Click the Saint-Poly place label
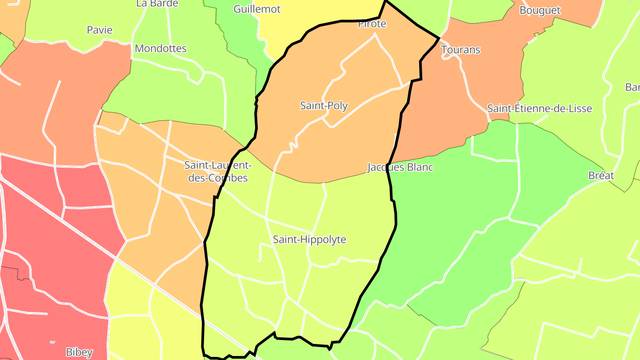(x=324, y=106)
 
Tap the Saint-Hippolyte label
(x=309, y=240)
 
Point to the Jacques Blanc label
(x=400, y=168)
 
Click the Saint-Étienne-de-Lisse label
(x=540, y=108)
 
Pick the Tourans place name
(x=461, y=50)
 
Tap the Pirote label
(x=372, y=24)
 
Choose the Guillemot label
(x=257, y=9)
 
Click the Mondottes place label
(x=160, y=48)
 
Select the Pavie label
(x=100, y=30)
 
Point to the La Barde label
(x=157, y=4)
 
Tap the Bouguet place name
(x=540, y=10)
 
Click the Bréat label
(x=601, y=176)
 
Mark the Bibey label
(x=79, y=352)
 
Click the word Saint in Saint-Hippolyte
(x=285, y=240)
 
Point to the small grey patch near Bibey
(x=53, y=342)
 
